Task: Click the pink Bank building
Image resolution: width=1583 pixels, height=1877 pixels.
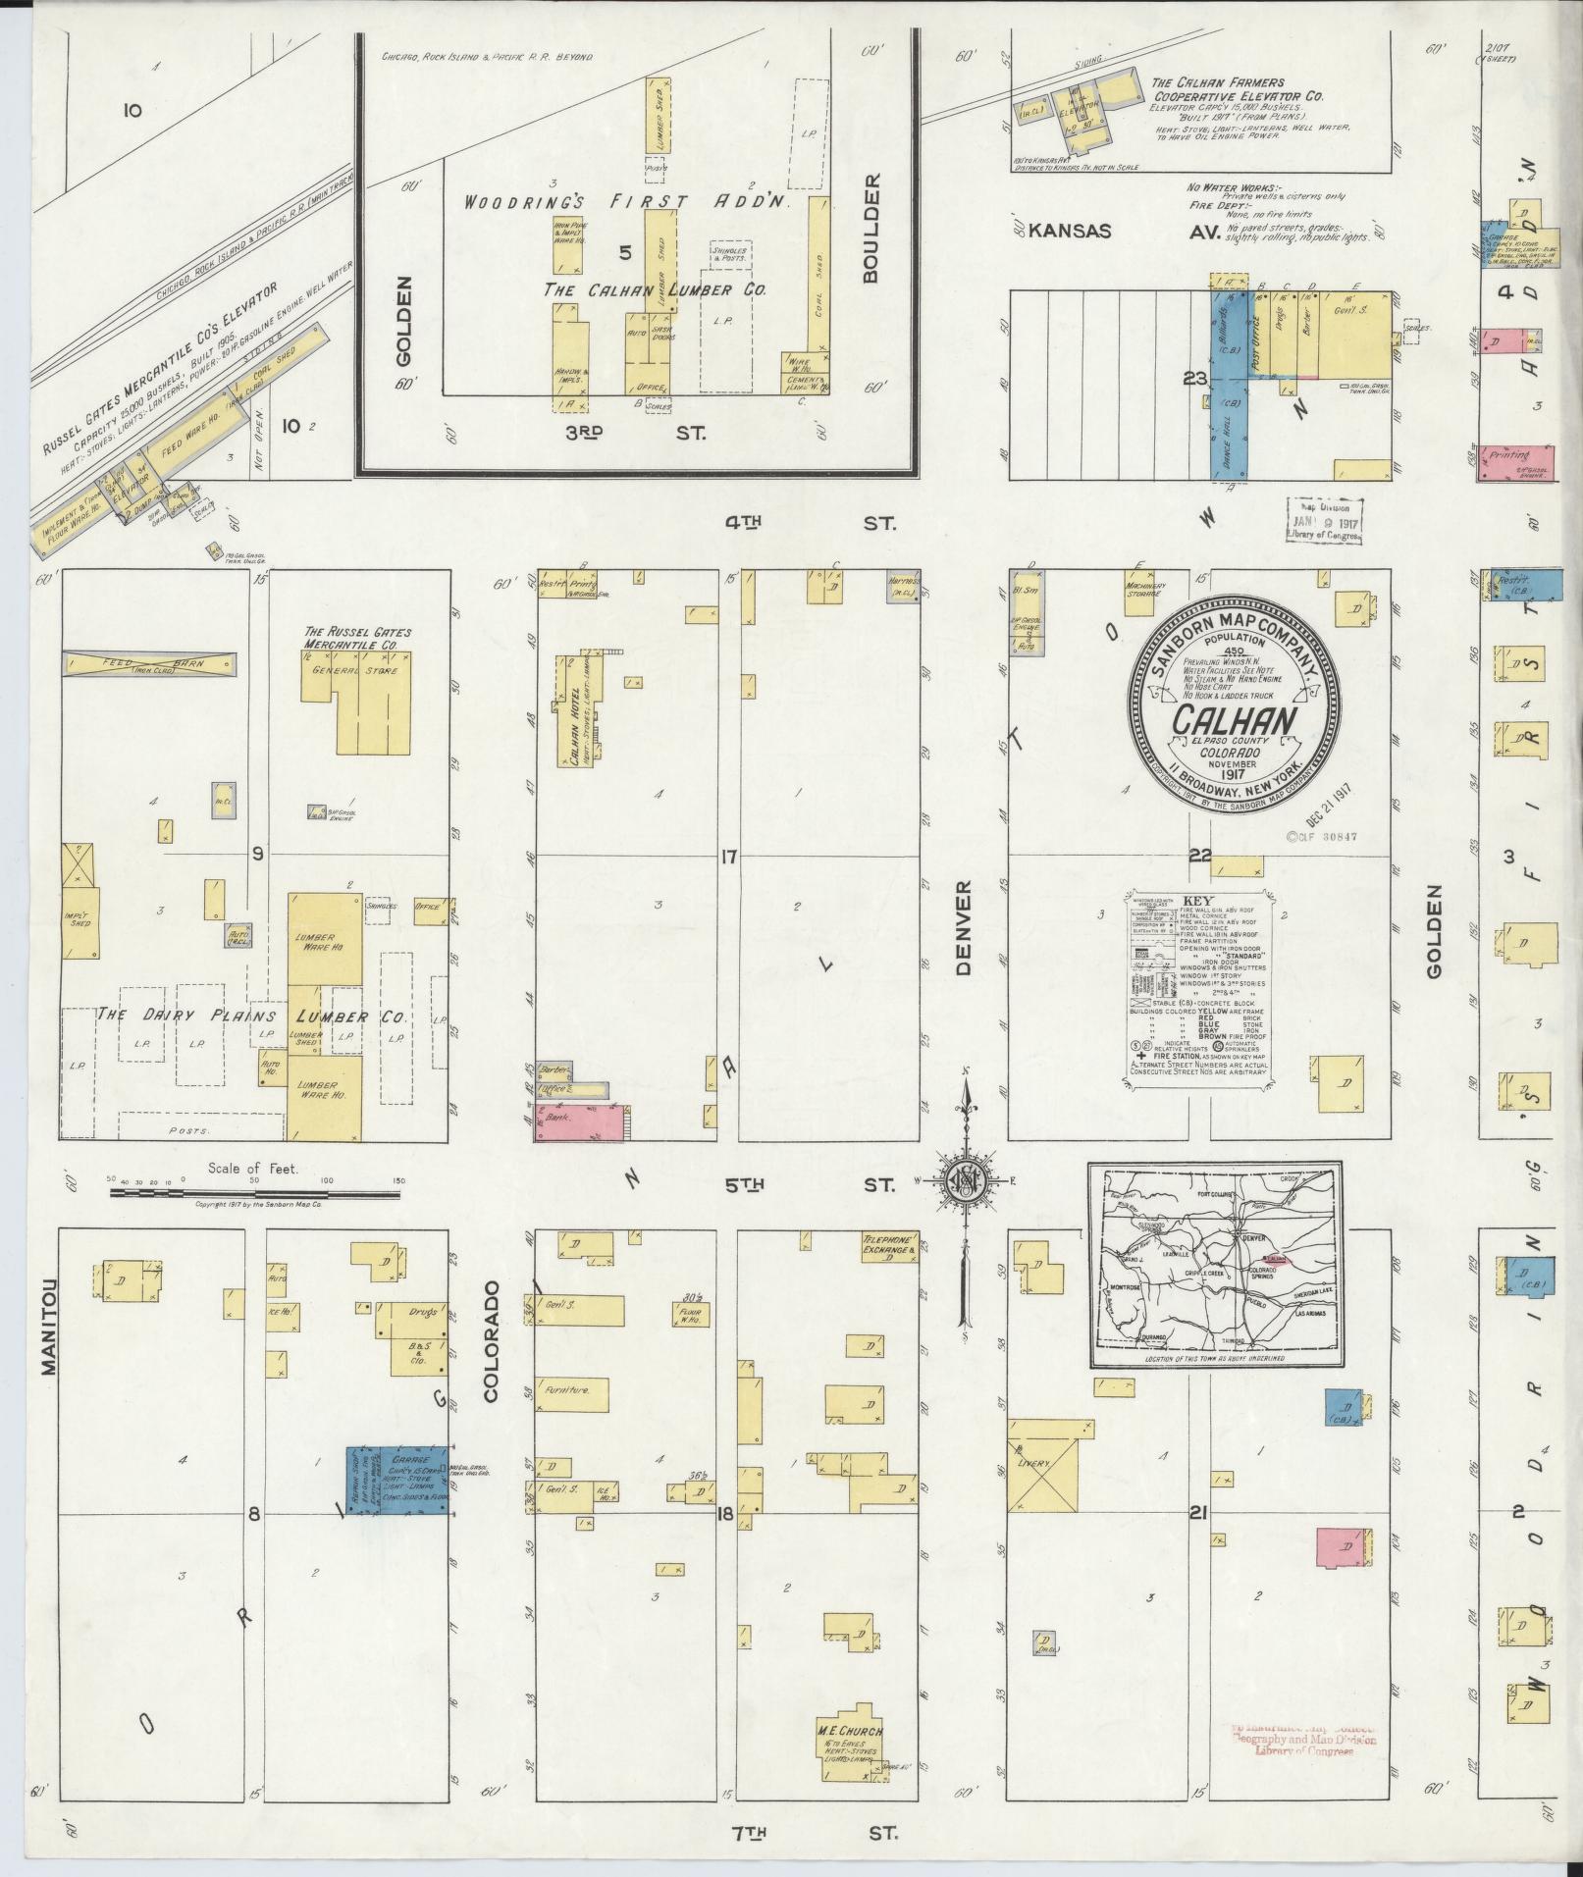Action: [579, 1121]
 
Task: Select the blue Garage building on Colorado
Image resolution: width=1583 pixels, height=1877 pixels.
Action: [397, 1483]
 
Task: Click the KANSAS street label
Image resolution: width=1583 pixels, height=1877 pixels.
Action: [1071, 232]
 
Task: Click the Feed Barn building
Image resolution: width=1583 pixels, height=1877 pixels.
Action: [149, 664]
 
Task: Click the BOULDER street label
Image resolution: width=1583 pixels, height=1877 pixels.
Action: [871, 229]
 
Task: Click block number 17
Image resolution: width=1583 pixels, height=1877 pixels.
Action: [727, 857]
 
